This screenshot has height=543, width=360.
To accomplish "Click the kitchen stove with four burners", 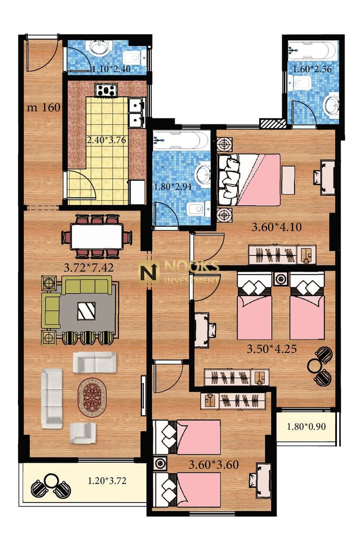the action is (x=106, y=90).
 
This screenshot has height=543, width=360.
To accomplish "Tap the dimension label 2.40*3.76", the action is (x=106, y=140).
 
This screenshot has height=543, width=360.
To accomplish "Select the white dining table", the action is (x=97, y=236).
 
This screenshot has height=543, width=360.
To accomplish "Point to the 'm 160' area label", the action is (x=44, y=108).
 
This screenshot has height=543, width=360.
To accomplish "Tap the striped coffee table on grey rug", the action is (x=86, y=311).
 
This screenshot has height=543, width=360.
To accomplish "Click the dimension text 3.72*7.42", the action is (x=89, y=267).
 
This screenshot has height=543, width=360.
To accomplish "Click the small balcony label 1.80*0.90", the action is (x=306, y=426).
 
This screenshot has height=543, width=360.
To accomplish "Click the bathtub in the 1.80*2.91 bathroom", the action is (x=181, y=140).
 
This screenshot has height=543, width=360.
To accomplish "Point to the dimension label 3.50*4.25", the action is (x=271, y=349).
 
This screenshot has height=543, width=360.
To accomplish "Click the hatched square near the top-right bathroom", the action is (x=273, y=124).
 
